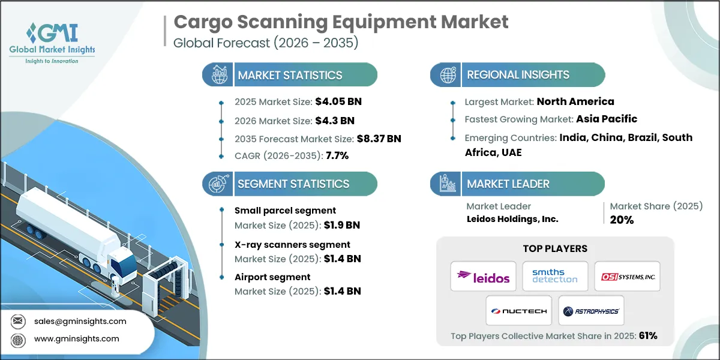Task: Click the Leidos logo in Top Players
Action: coord(483,277)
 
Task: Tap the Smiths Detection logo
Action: coord(555,277)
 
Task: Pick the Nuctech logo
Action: coord(519,311)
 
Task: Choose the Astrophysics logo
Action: coord(591,311)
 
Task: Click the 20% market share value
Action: coord(622,220)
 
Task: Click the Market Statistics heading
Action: coord(290,75)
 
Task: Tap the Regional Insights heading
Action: coord(518,75)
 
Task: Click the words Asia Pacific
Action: coord(607,119)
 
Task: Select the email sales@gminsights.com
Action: coord(80,321)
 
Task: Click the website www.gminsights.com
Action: coord(76,339)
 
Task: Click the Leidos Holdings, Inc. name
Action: coord(512,219)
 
